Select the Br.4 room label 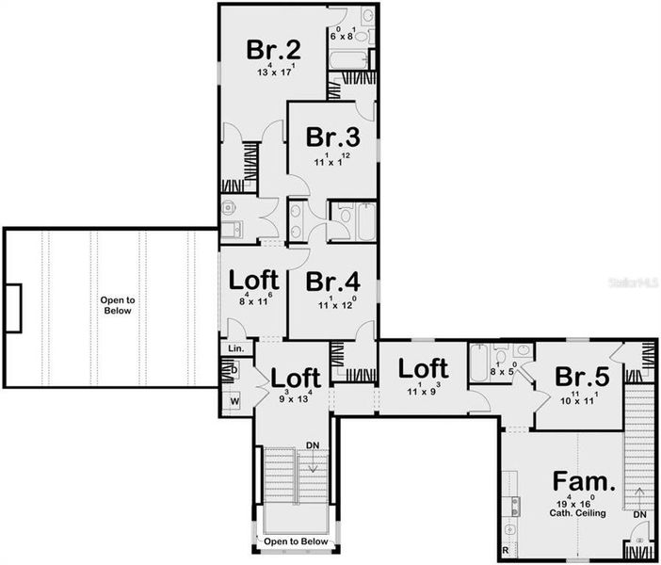tap(331, 281)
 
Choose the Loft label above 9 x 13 tap(296, 378)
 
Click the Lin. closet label tap(236, 349)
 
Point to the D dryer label tap(234, 371)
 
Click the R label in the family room tap(506, 549)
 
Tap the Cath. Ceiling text tap(580, 513)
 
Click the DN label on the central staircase tap(312, 444)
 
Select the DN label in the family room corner tap(639, 515)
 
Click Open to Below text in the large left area tap(119, 306)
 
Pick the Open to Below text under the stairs tap(296, 542)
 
